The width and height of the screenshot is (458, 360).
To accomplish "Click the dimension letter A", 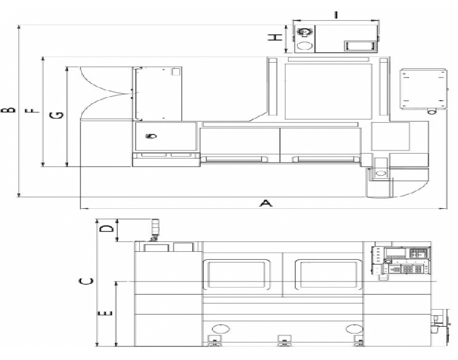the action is [x=265, y=203].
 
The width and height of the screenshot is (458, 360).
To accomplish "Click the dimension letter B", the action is [x=8, y=109].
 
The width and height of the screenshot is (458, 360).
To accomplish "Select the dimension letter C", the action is [x=86, y=281].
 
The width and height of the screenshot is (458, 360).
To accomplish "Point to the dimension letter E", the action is [x=105, y=313].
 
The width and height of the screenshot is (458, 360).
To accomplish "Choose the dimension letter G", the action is [x=56, y=115].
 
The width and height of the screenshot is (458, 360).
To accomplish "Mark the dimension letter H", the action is [x=275, y=37].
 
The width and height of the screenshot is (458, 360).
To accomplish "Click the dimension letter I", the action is [x=336, y=14].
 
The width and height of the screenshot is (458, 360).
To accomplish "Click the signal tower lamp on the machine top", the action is [x=154, y=230].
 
